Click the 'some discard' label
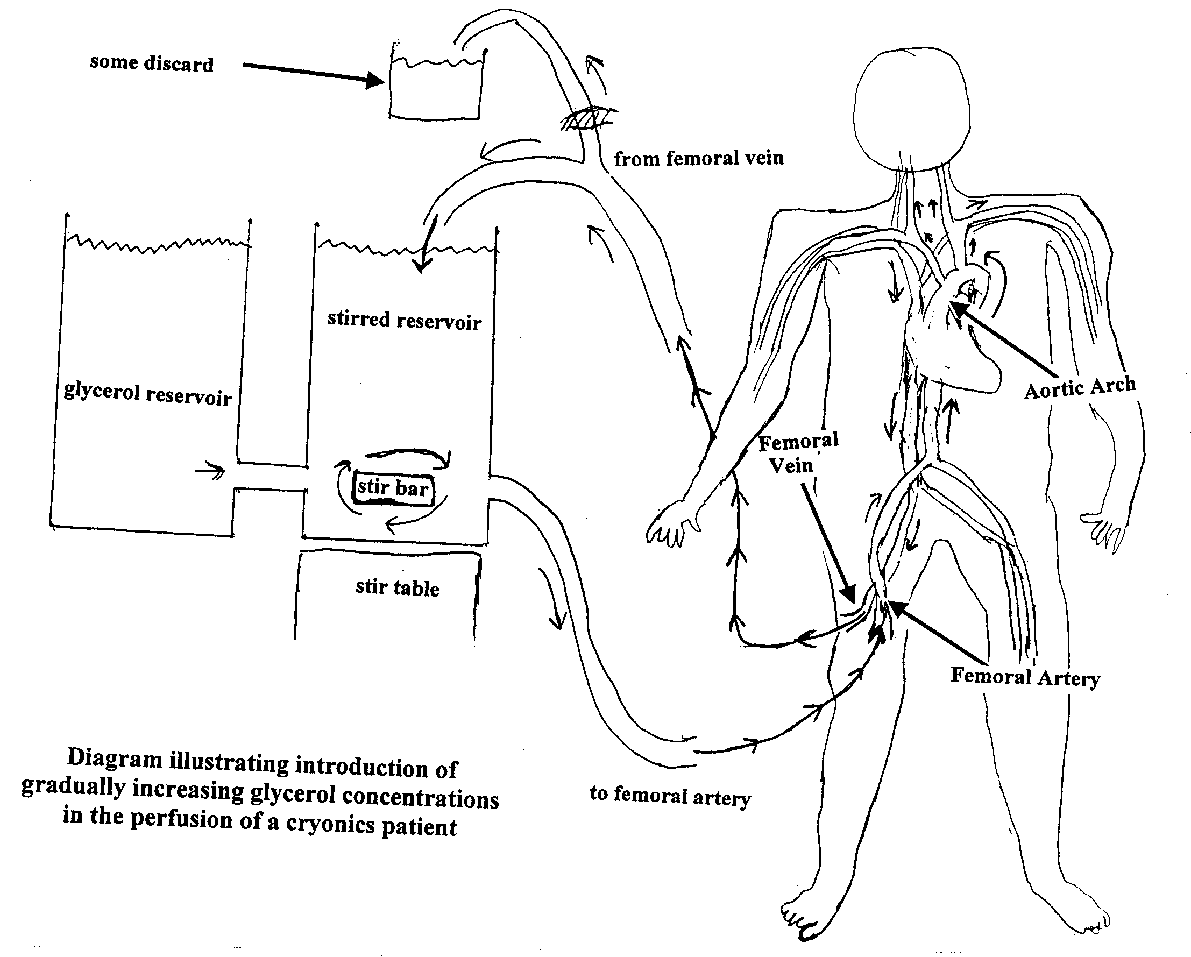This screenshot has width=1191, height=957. point(151,63)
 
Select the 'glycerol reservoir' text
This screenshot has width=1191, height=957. point(147,394)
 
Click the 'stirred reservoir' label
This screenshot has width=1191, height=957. point(404,321)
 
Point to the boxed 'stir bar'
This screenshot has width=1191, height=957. point(393,488)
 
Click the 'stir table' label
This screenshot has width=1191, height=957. point(397,587)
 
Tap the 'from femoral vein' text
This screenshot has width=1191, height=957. point(698,159)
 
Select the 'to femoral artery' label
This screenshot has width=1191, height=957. point(670,795)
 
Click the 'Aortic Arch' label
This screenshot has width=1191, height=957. point(1080,387)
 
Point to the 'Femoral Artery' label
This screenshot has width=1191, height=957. point(1025,677)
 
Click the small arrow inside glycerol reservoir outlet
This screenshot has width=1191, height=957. point(210,471)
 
